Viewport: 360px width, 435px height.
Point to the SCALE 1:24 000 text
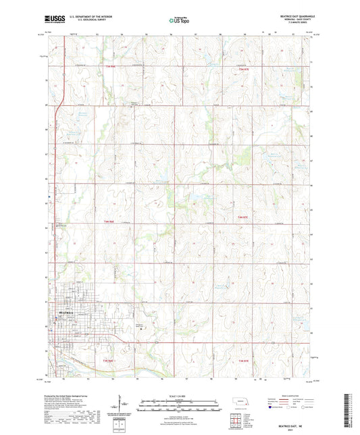[180, 396]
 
